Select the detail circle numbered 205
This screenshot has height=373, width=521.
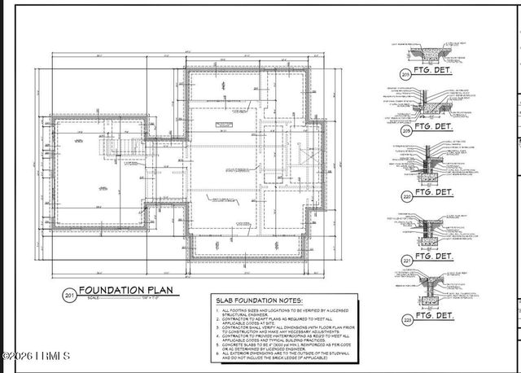[406, 129]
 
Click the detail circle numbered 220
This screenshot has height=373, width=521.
[406, 195]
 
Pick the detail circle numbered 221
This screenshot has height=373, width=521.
[406, 260]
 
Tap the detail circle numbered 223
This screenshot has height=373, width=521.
[406, 319]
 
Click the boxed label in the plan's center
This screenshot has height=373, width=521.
[219, 124]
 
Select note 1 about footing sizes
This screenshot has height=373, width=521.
[277, 314]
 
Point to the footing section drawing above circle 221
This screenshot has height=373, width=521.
[432, 230]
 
